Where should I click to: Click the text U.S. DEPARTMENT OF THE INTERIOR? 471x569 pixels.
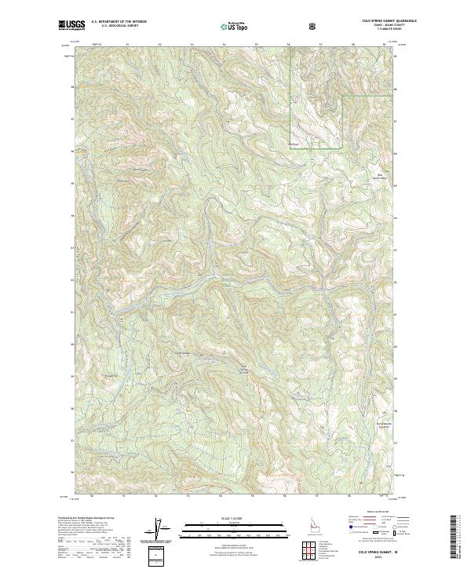[x=119, y=23]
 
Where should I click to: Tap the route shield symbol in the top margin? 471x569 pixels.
[x=316, y=27]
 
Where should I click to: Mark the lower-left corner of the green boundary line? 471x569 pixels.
[x=291, y=148]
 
